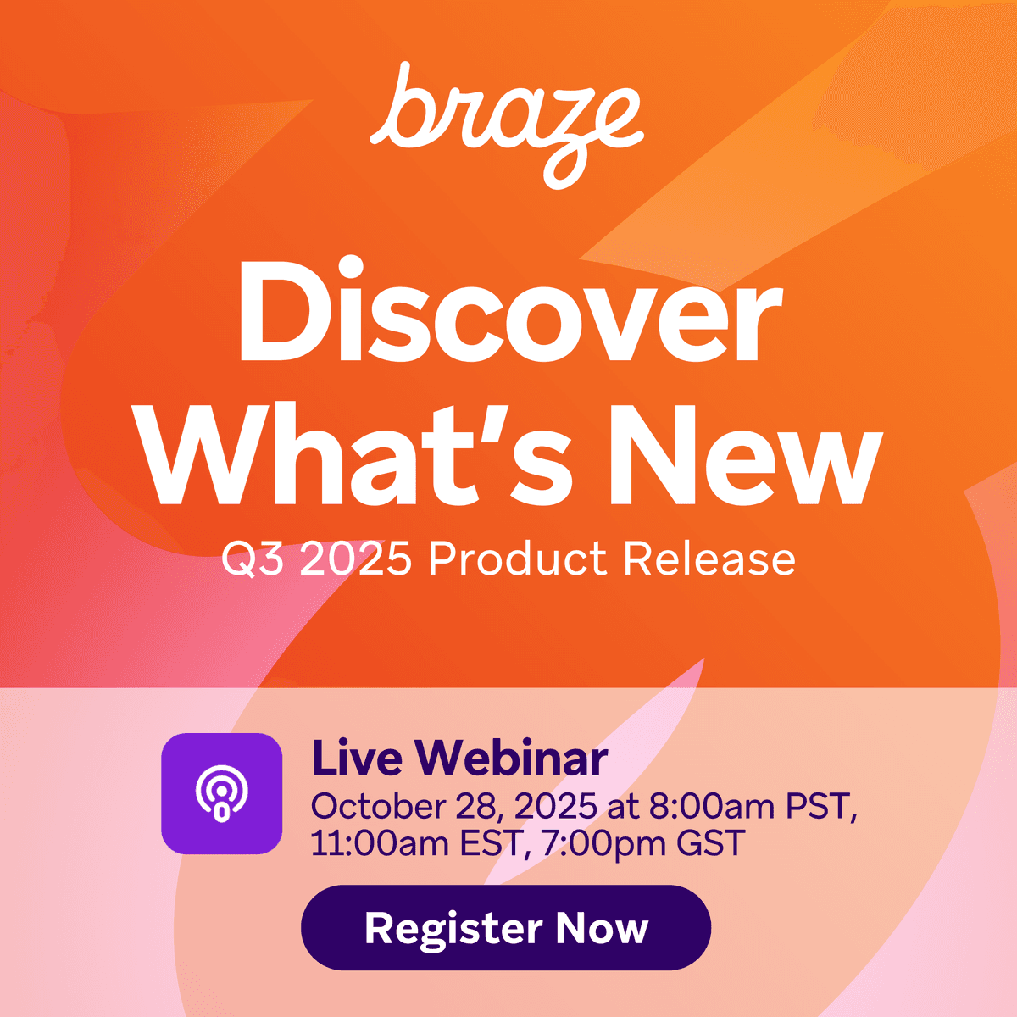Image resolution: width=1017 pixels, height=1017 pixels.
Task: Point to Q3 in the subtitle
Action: pos(251,560)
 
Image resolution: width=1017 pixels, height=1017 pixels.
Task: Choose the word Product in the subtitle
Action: pos(517,560)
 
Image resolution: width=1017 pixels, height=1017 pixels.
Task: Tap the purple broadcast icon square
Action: pos(222,793)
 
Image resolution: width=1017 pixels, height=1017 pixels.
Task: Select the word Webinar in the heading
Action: pos(511,759)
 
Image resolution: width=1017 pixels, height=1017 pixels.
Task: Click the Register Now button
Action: pos(506,928)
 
